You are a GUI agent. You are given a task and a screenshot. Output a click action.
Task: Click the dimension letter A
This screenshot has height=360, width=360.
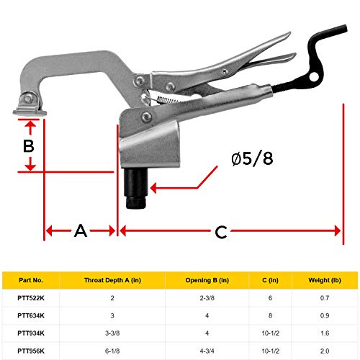pos(80,231)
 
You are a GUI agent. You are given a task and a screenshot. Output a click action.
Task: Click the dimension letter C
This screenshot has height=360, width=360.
pos(220,232)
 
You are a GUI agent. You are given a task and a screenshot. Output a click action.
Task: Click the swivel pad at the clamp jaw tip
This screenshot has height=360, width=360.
pos(27,107)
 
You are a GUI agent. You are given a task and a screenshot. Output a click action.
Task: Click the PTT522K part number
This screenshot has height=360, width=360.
pos(32,297)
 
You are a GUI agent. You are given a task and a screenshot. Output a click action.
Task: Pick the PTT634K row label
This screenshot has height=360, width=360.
pos(32,315)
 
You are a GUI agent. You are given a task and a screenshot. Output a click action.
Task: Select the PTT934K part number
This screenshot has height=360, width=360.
pos(32,333)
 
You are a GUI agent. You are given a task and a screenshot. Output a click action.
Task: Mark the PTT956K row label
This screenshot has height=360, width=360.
pos(32,350)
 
